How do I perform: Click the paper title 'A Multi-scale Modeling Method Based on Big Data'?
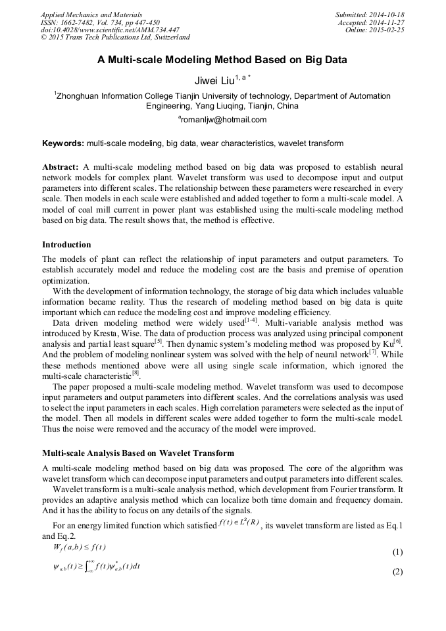tap(222, 60)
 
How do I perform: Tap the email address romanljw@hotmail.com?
tap(222, 120)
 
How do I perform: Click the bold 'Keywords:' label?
tap(63, 143)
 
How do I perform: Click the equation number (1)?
tap(397, 551)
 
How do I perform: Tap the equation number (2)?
tap(397, 572)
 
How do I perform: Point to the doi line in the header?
tap(109, 30)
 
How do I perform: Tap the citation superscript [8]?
tap(136, 372)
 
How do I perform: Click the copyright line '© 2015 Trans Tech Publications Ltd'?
tap(115, 38)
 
